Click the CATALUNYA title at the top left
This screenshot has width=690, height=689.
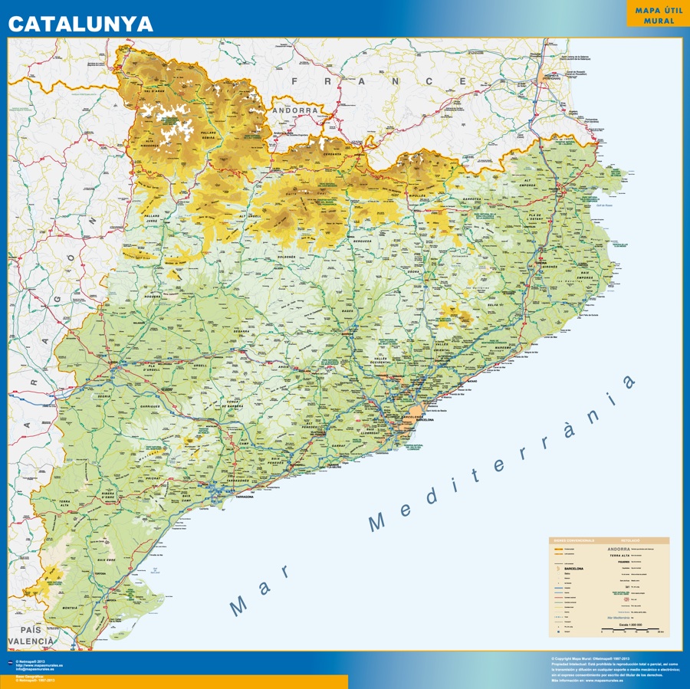tap(80, 24)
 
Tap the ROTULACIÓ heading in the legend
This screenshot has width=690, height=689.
tap(631, 540)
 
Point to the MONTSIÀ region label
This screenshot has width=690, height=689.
tap(70, 607)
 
